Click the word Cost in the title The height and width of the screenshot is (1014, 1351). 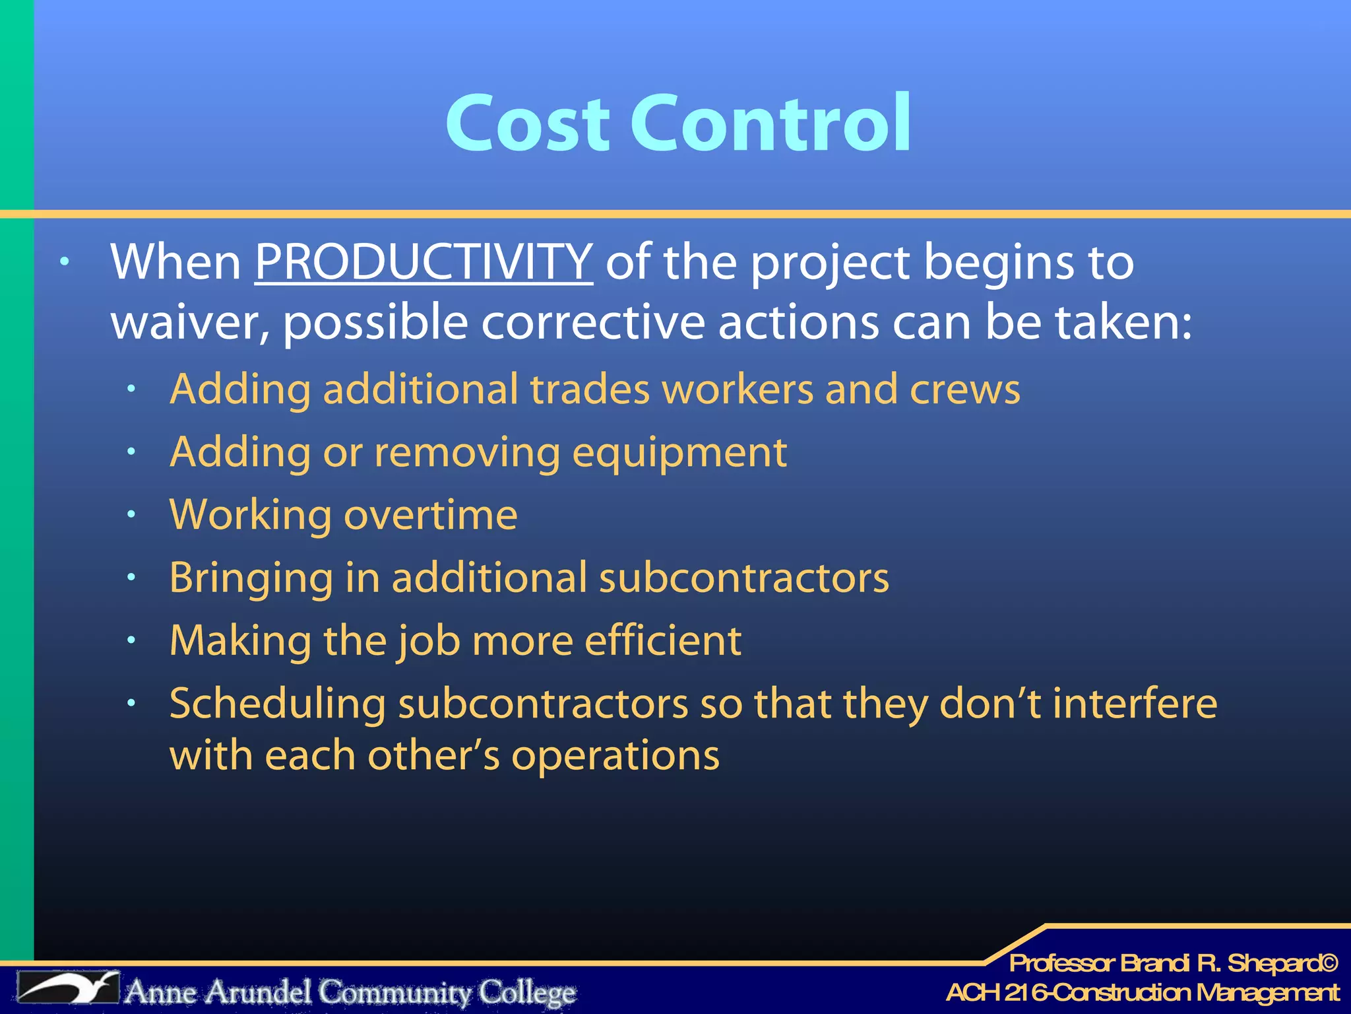(526, 123)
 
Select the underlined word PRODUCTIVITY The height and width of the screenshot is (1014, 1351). (424, 262)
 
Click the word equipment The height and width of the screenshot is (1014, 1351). (679, 454)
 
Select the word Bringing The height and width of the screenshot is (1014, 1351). (251, 578)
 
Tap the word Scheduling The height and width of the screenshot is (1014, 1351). (277, 704)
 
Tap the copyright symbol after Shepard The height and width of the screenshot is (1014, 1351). (1329, 964)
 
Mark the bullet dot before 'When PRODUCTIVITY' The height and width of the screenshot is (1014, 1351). (64, 262)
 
